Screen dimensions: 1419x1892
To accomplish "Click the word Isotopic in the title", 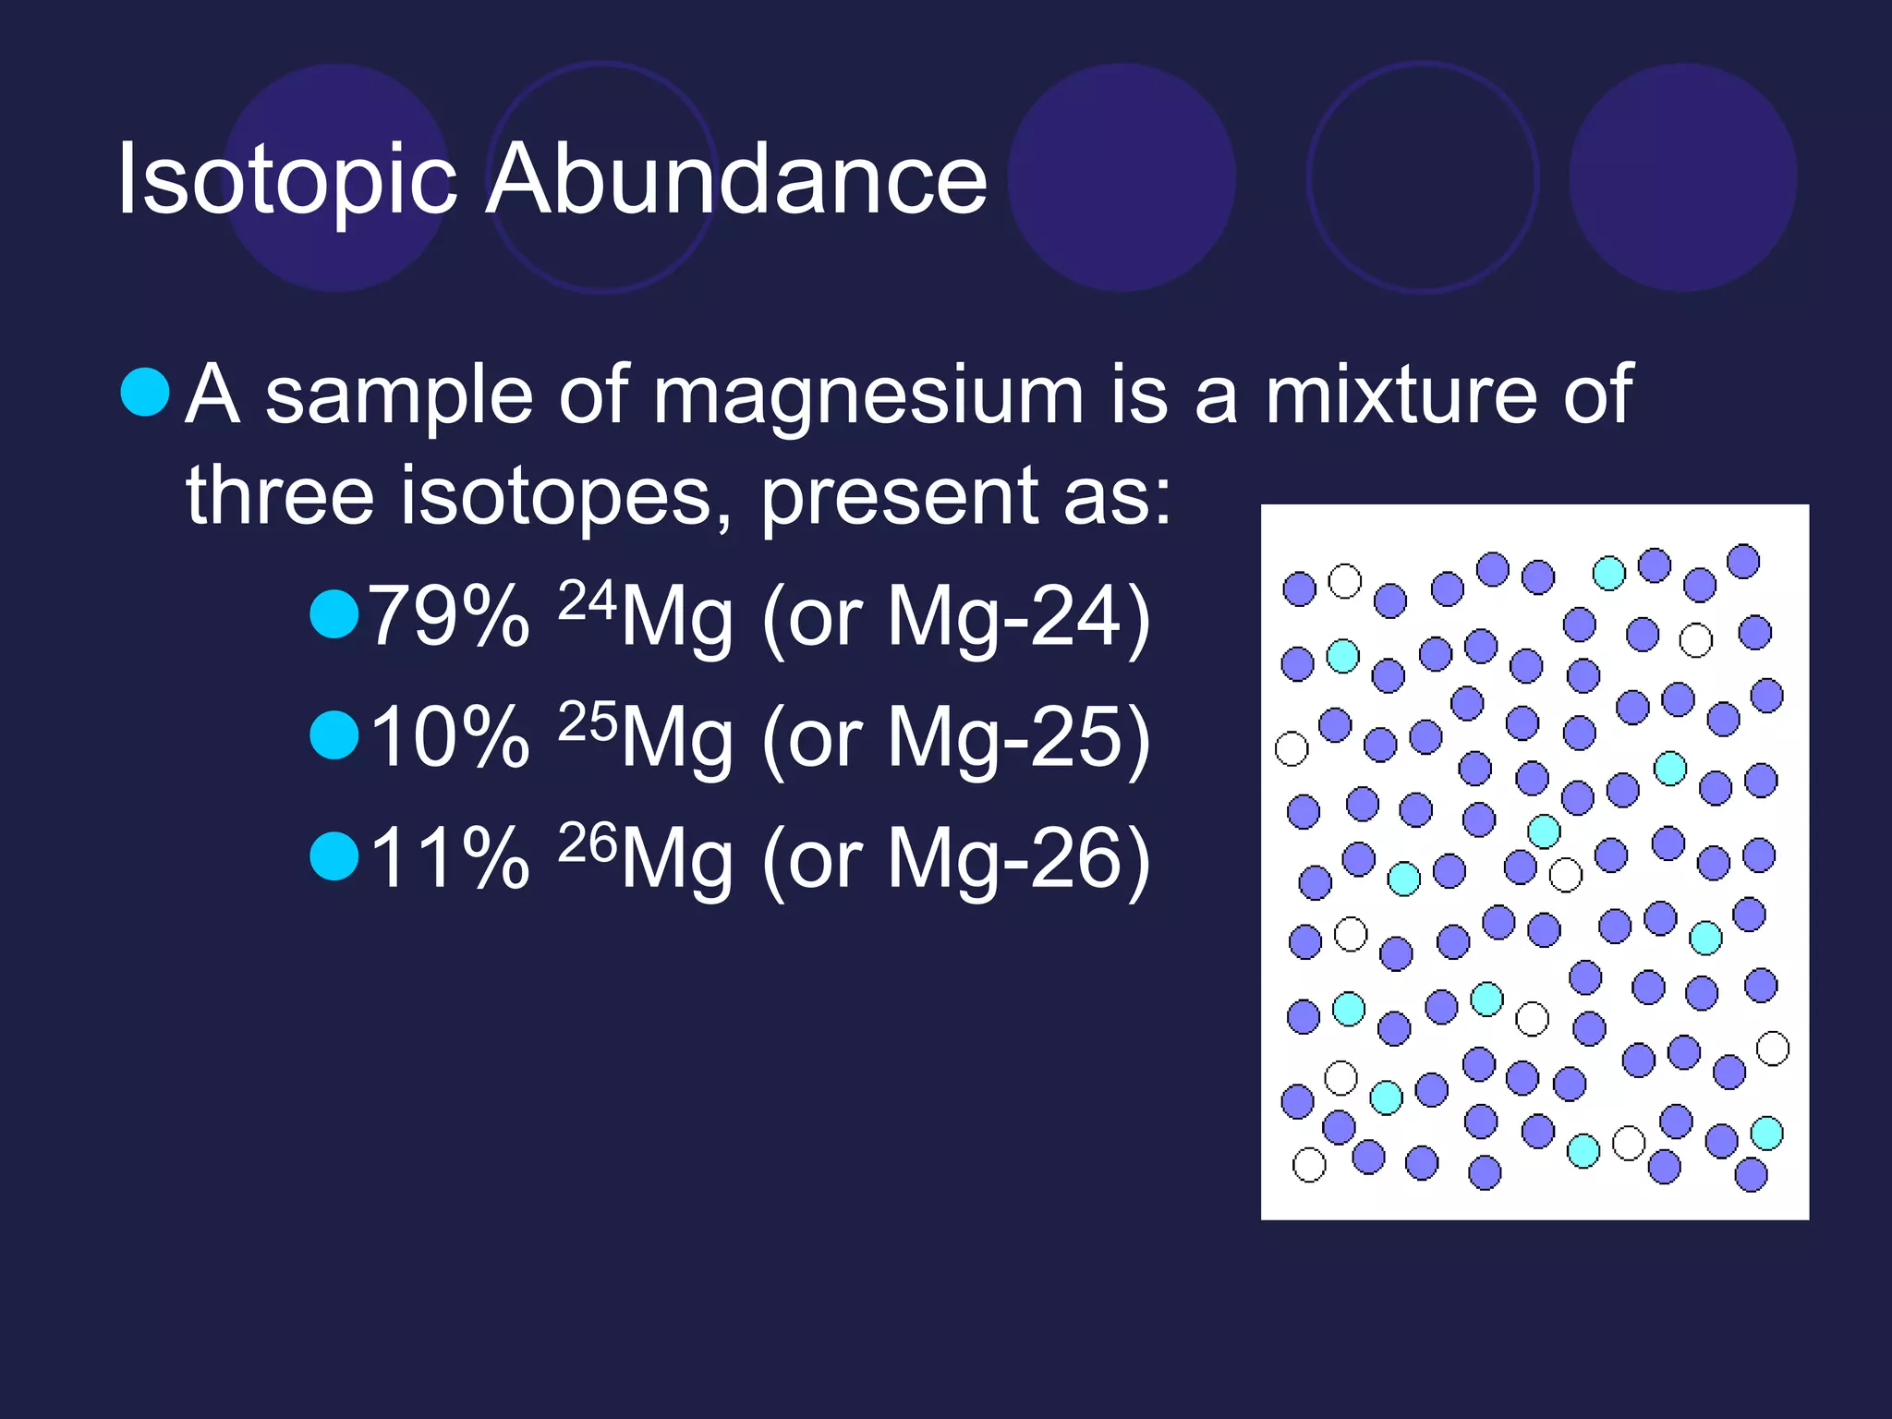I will point(286,180).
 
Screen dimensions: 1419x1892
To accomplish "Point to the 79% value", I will point(450,616).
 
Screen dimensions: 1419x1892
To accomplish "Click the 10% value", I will point(450,737).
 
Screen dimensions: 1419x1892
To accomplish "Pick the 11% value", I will point(450,858).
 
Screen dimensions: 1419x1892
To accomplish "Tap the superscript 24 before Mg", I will point(587,600).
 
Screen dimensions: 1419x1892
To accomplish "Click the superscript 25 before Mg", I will point(587,722).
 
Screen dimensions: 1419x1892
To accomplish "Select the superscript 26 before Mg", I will point(587,843).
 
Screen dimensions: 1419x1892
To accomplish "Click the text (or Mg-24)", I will point(956,618).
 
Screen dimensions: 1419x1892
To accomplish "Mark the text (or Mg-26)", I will point(956,860).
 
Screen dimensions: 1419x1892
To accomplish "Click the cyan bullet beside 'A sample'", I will point(145,392).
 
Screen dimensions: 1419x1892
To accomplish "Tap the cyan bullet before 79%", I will point(334,614).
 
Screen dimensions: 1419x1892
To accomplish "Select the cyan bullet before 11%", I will point(334,856).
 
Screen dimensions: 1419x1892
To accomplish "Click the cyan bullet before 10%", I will point(334,735).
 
